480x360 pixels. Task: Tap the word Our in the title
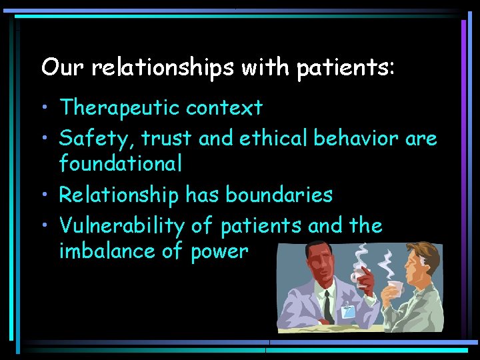click(x=57, y=67)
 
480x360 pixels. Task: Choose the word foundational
click(x=121, y=163)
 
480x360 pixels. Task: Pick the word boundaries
click(x=279, y=195)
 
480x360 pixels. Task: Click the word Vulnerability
click(x=121, y=227)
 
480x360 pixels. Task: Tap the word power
click(x=219, y=253)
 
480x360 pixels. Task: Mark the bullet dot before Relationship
click(x=47, y=195)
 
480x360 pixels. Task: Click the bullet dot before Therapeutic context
click(x=47, y=108)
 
